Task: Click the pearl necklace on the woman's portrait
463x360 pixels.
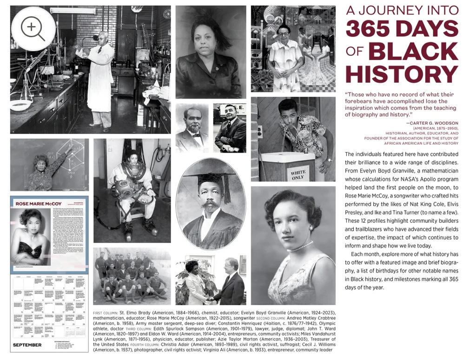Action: [x=299, y=247]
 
